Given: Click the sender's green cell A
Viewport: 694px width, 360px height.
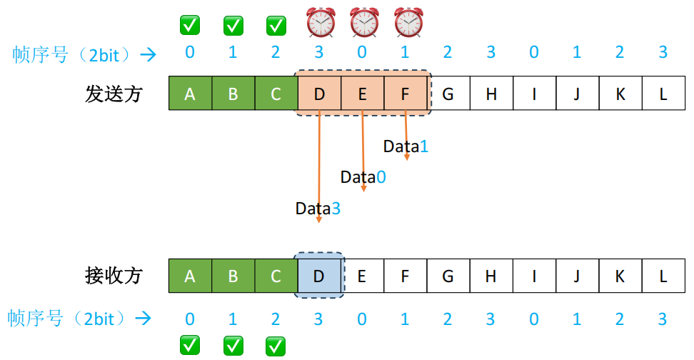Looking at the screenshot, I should [x=189, y=94].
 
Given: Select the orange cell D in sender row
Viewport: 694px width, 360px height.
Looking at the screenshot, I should [x=319, y=94].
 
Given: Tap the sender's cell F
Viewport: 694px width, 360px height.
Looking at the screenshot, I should [x=405, y=94].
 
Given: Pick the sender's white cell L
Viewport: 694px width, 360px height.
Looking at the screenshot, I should [x=663, y=94].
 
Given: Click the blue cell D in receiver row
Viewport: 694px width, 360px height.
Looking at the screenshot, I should [x=319, y=275].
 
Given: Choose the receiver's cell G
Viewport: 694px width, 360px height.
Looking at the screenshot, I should [x=448, y=275].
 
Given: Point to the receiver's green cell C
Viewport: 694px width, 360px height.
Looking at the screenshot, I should [x=276, y=275].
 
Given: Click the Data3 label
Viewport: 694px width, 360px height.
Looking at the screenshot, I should [x=318, y=209].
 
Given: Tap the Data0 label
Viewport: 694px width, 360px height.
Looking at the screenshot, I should [x=363, y=177].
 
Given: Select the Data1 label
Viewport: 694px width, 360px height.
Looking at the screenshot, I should [x=406, y=146].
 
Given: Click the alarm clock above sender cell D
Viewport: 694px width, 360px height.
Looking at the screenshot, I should [x=321, y=23].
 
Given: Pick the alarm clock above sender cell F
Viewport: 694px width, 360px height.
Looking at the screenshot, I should [x=408, y=23].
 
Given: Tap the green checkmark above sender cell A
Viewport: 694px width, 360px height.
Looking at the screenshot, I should [x=189, y=26].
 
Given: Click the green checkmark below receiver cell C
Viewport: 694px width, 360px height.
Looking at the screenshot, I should [x=276, y=346].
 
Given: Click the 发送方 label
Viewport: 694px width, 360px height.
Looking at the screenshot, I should [x=114, y=94].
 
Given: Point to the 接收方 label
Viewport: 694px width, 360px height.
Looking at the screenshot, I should [x=114, y=276].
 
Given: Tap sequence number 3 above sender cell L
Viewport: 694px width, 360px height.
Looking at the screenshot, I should [x=663, y=51].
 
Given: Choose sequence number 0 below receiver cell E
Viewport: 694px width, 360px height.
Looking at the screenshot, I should [x=362, y=319].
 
